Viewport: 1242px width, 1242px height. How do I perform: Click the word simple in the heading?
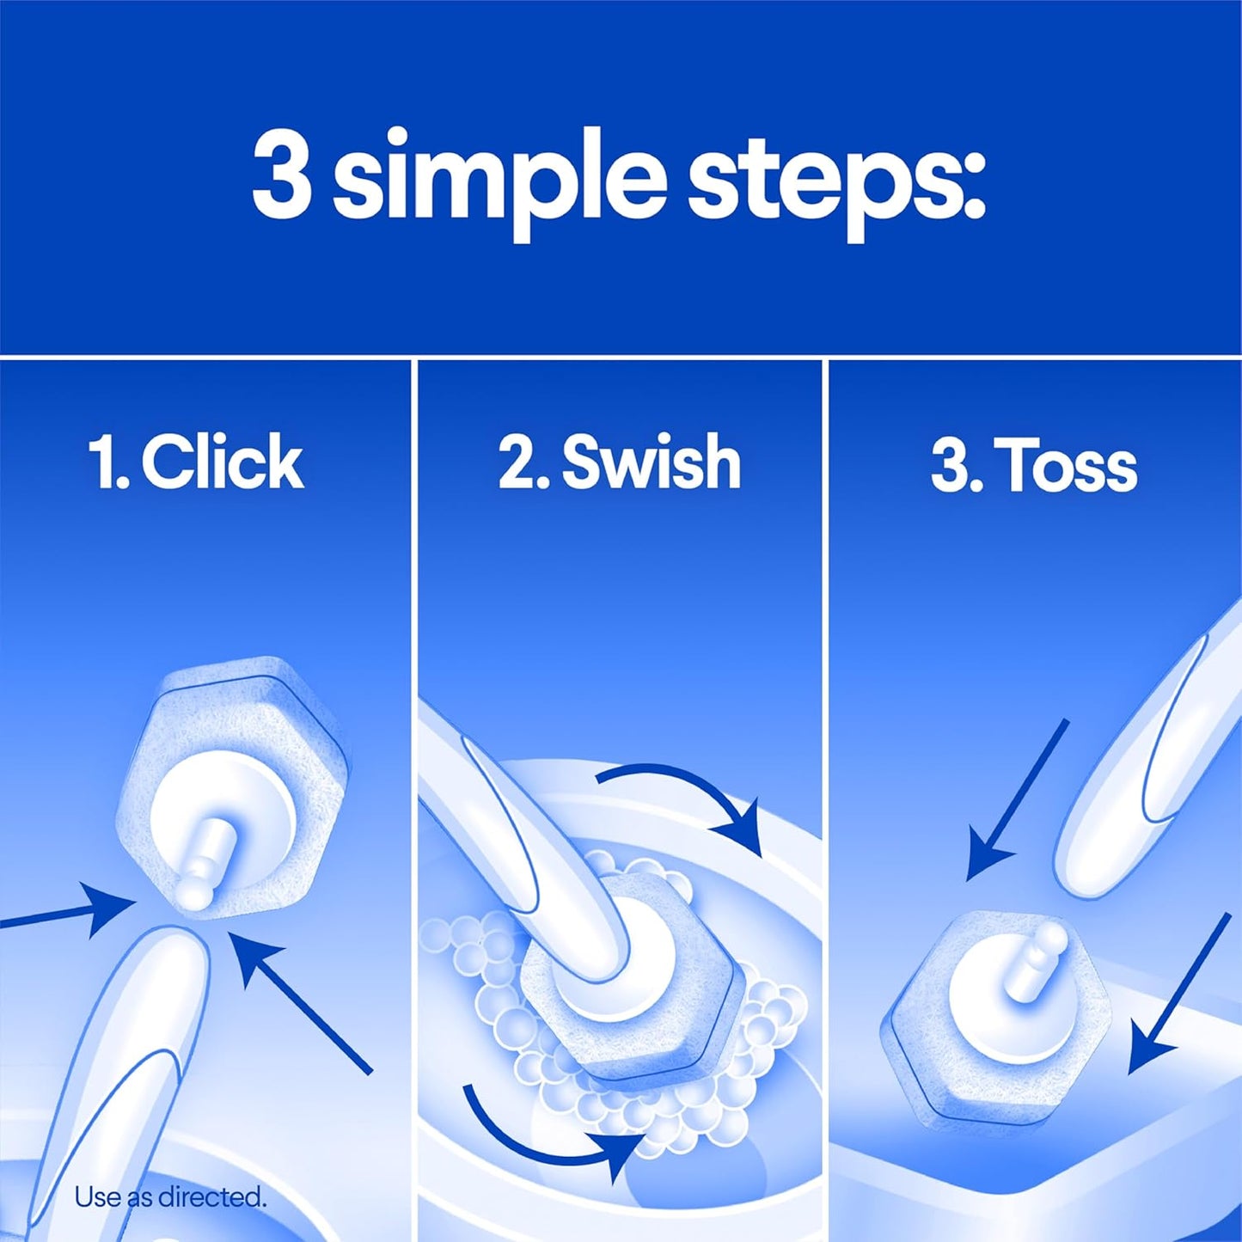[x=499, y=180]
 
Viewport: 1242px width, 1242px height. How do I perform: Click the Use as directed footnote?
[x=169, y=1196]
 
